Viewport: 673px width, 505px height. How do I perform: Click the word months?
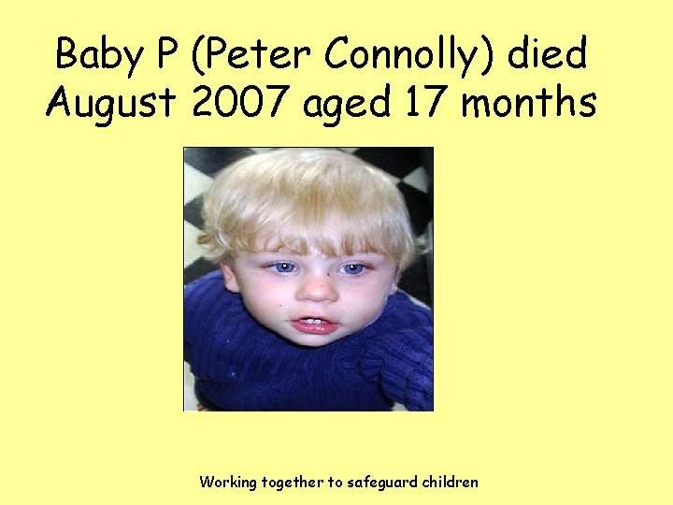pos(529,102)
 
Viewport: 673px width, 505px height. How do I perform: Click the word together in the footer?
pos(290,483)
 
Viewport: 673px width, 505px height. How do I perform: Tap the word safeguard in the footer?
pos(383,483)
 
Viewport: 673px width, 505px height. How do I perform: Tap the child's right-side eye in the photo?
pos(352,269)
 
